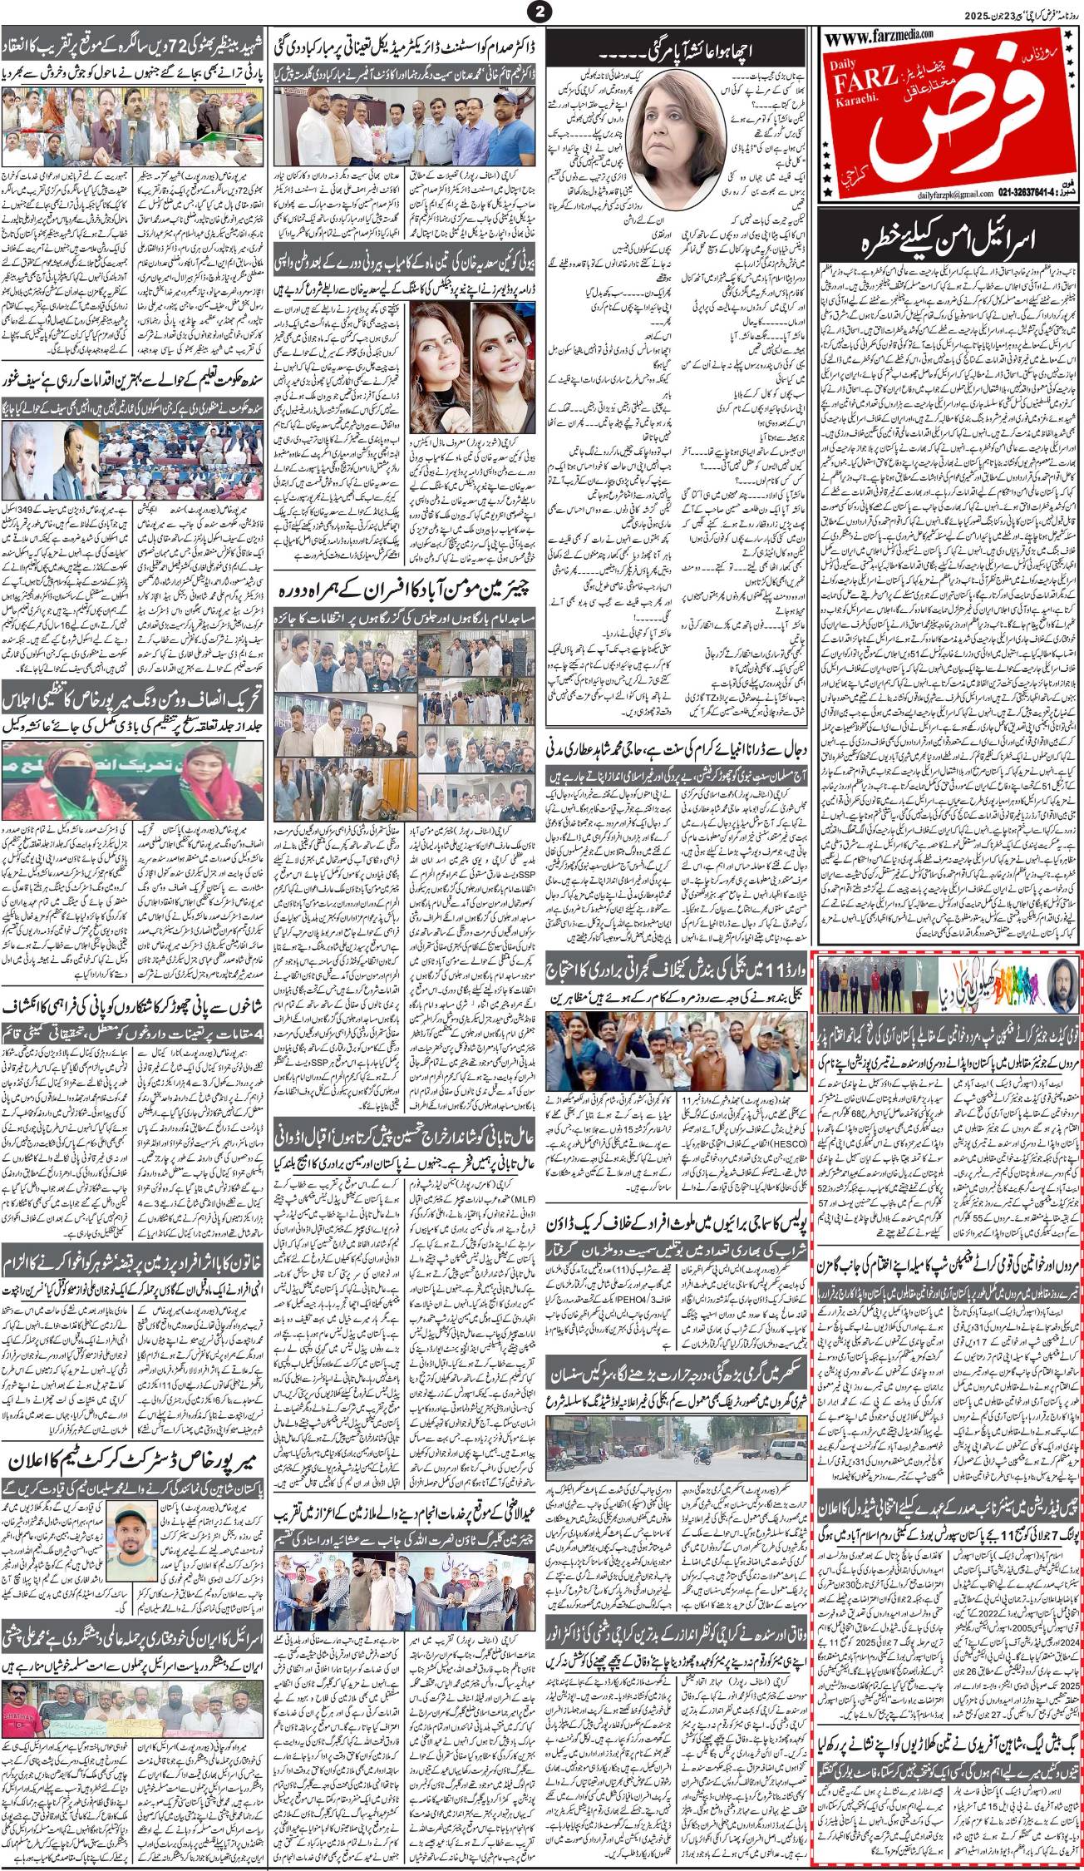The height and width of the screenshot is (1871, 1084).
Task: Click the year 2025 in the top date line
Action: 1061,15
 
